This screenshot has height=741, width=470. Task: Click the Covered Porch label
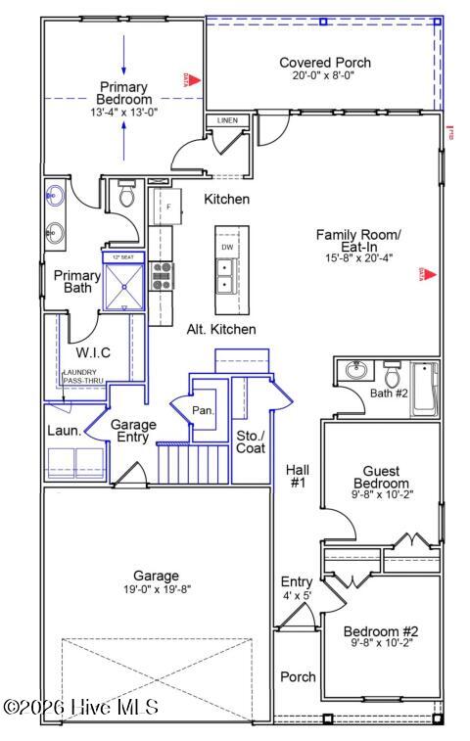[x=324, y=63]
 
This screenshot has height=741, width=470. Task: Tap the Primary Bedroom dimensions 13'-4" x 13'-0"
[x=123, y=113]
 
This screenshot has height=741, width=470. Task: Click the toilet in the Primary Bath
[x=125, y=196]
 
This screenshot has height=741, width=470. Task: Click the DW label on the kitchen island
[x=226, y=247]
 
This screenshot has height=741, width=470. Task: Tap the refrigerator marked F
[x=167, y=207]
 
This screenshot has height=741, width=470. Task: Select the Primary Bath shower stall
[x=123, y=281]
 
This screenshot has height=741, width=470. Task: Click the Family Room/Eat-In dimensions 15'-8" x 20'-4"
[x=358, y=258]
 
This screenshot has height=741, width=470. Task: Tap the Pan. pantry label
[x=204, y=410]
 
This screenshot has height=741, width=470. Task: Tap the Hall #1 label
[x=298, y=476]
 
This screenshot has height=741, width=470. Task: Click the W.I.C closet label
[x=93, y=350]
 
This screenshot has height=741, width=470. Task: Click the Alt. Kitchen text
[x=221, y=329]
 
